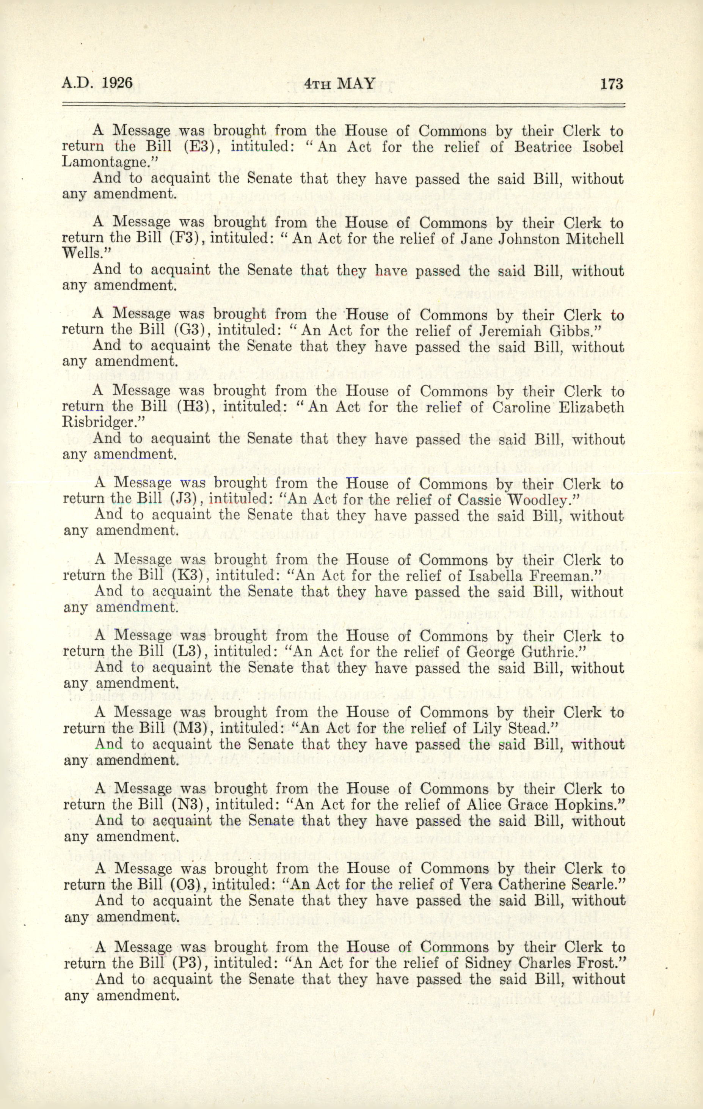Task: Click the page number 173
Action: click(611, 84)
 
